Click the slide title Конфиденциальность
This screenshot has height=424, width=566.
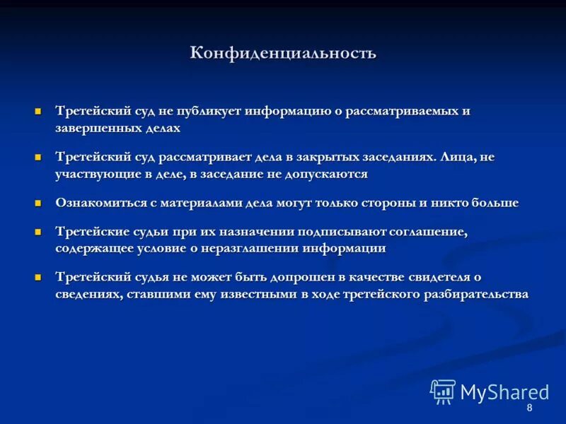283,54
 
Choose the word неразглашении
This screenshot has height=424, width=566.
257,248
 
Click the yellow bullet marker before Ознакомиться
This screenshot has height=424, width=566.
40,203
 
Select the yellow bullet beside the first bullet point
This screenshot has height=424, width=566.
40,112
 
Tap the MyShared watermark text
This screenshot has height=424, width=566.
504,393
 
